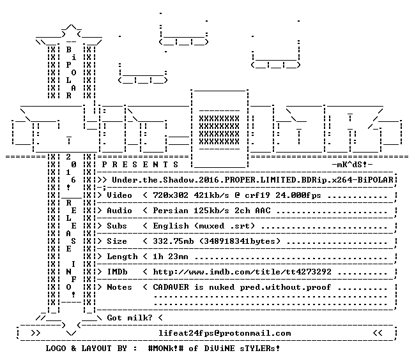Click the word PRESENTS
coord(140,165)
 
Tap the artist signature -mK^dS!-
coord(352,165)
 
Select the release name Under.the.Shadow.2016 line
coord(252,180)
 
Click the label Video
coord(119,195)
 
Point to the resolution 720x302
coord(171,195)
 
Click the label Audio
coord(119,211)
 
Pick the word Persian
coord(171,211)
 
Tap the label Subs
coord(117,226)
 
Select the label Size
coord(117,241)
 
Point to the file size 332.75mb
coord(173,241)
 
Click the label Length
coord(122,257)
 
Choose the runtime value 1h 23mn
coord(171,257)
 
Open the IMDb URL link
coord(242,272)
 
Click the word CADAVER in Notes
coord(171,287)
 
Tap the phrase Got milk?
coord(130,317)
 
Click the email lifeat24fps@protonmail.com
coord(225,333)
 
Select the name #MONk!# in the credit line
coord(166,349)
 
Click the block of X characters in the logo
coord(219,130)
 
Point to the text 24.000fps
coord(298,195)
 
